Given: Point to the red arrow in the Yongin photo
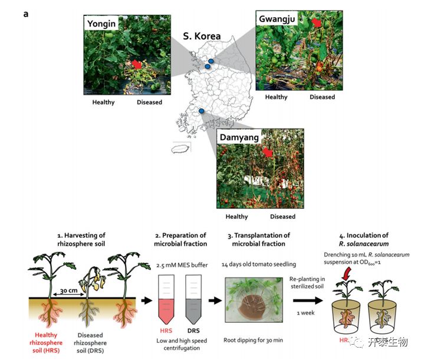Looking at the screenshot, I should click(x=136, y=64).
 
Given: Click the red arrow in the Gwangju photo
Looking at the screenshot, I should click(x=318, y=23).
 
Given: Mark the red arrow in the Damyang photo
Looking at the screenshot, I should click(x=268, y=153).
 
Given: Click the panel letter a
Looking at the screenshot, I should click(x=26, y=14).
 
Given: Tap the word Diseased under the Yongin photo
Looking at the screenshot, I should click(x=149, y=102).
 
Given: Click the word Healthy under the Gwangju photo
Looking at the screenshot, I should click(x=276, y=97).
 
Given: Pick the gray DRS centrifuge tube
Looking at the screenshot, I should click(x=193, y=299).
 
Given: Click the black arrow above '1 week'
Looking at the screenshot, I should click(x=306, y=301).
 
